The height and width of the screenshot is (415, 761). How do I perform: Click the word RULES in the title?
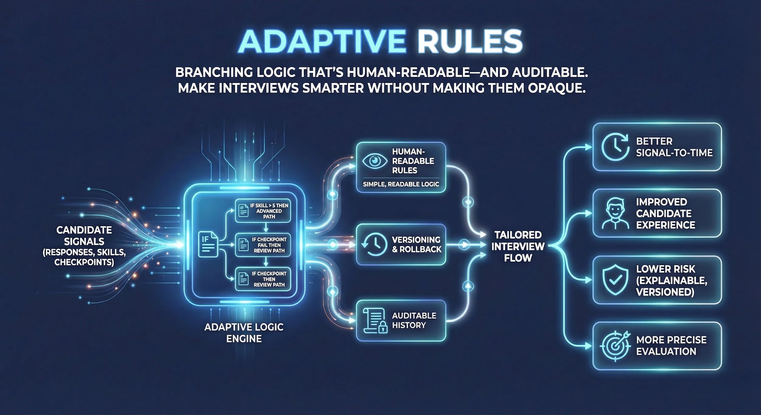point(470,42)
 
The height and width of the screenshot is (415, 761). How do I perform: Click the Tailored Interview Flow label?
point(518,246)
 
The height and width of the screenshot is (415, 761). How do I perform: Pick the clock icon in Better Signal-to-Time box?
point(615,147)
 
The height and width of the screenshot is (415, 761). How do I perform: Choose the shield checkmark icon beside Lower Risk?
point(615,280)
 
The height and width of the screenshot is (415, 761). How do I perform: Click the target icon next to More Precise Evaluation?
point(615,346)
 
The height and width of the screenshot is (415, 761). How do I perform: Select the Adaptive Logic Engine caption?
point(244,333)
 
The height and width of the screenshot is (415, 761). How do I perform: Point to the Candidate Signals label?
point(84,246)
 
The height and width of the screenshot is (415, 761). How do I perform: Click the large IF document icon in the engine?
point(208,244)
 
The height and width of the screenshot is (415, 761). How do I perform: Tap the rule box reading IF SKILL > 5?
point(263,211)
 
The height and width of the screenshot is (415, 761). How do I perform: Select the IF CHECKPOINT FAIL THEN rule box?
point(263,245)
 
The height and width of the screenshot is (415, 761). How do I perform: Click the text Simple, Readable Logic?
point(401,184)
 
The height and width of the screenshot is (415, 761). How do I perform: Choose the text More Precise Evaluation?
point(671,346)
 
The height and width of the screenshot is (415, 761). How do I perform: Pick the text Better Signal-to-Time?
point(674,147)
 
